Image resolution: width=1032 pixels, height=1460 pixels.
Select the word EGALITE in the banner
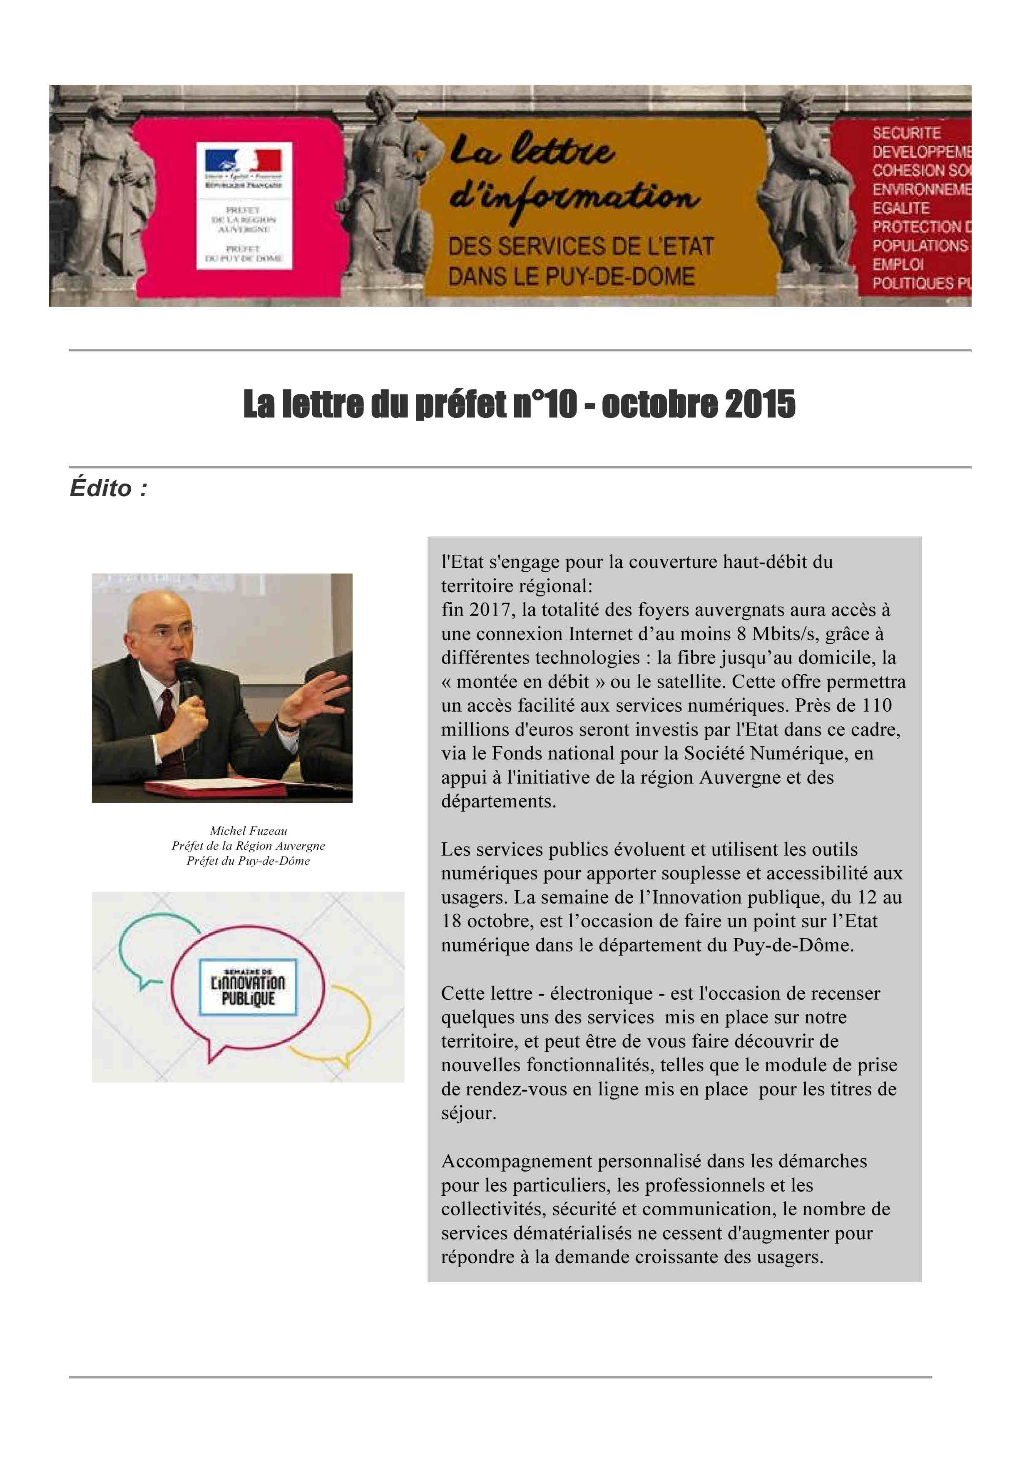[900, 208]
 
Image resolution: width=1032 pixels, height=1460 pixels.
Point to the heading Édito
[108, 488]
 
